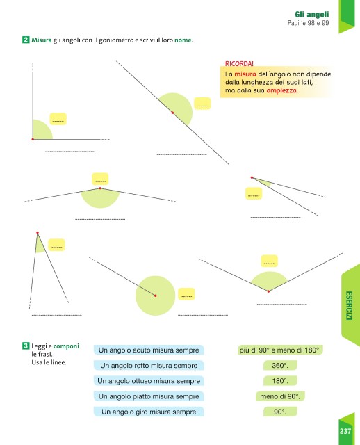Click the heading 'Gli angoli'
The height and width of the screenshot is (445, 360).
click(x=312, y=14)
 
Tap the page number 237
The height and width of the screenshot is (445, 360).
click(x=345, y=431)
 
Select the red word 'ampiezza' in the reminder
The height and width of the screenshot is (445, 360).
click(x=281, y=90)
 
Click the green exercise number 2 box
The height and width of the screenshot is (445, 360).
click(x=26, y=40)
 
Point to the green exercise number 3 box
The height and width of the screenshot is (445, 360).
click(x=26, y=346)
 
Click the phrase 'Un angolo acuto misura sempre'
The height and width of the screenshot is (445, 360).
click(x=149, y=350)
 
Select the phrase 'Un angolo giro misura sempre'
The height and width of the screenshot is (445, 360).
click(x=149, y=412)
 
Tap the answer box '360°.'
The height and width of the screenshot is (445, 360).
click(x=280, y=366)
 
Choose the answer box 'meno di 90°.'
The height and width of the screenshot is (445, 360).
click(x=280, y=396)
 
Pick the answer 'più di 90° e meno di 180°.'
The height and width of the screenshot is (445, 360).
click(x=280, y=350)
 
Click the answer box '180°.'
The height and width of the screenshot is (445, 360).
click(x=280, y=381)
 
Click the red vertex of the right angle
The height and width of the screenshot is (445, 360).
click(x=33, y=139)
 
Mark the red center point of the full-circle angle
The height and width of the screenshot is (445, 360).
click(x=155, y=296)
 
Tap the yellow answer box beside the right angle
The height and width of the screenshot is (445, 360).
click(x=58, y=119)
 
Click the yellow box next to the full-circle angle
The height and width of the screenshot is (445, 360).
click(x=186, y=294)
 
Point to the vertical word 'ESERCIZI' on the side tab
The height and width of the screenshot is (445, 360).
click(x=349, y=306)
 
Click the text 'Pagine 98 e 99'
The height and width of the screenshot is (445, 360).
click(x=308, y=23)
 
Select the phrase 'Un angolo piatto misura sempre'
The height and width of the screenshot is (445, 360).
click(x=149, y=396)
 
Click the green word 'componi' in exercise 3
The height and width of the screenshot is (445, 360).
click(x=66, y=346)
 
